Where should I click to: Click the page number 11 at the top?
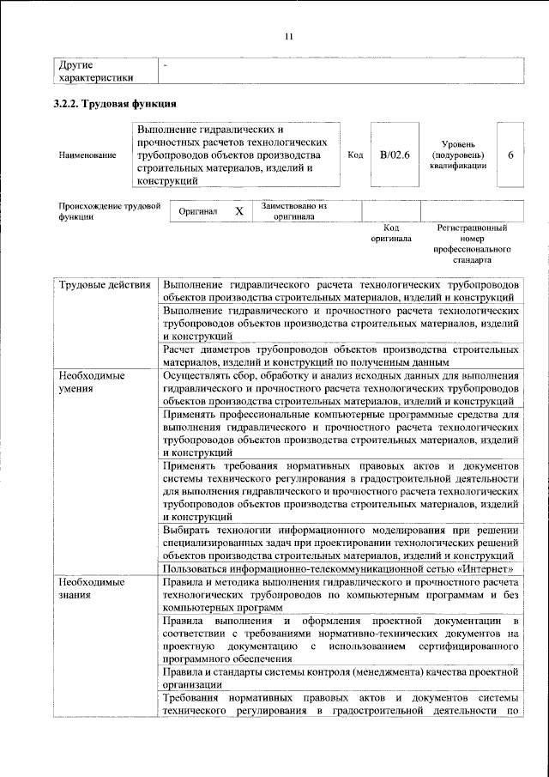click(x=289, y=35)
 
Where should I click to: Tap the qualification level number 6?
click(x=511, y=155)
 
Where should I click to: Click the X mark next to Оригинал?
click(x=239, y=211)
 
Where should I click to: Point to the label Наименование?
click(x=87, y=155)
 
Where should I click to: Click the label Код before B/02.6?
click(x=355, y=155)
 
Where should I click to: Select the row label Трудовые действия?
click(x=105, y=284)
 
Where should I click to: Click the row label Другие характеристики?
click(x=94, y=71)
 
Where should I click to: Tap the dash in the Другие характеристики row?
click(x=166, y=64)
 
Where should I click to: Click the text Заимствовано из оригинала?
click(x=294, y=211)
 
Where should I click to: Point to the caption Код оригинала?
click(x=391, y=234)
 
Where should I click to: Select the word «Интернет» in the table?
click(x=487, y=568)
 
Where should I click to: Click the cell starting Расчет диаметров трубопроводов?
click(x=340, y=356)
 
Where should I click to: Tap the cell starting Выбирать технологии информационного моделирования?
click(x=340, y=543)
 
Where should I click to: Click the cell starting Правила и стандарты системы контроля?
click(x=340, y=677)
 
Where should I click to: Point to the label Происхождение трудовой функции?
click(x=110, y=211)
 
